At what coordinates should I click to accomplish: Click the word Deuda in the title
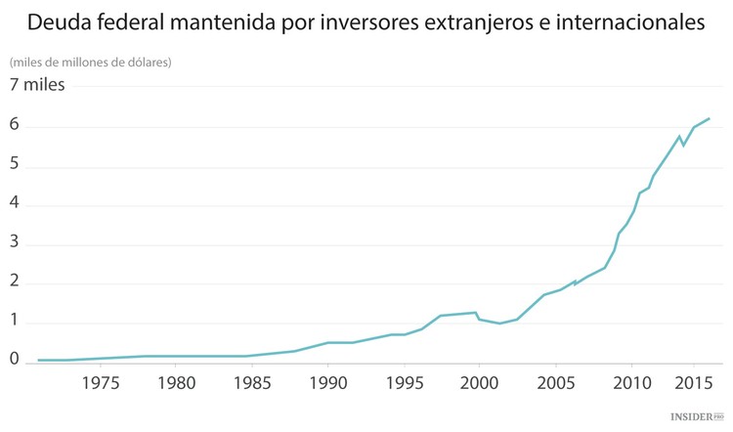[60, 21]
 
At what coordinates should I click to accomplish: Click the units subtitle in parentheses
[91, 62]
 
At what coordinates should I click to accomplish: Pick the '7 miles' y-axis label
[37, 85]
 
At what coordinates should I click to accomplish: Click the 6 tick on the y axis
[15, 126]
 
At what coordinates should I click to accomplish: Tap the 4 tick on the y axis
[15, 205]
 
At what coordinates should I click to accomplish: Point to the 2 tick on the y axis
[15, 283]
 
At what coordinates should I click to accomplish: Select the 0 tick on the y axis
[15, 359]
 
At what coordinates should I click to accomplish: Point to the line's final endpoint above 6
[710, 118]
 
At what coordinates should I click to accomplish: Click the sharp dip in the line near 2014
[683, 145]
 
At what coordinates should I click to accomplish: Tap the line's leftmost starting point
[38, 360]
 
